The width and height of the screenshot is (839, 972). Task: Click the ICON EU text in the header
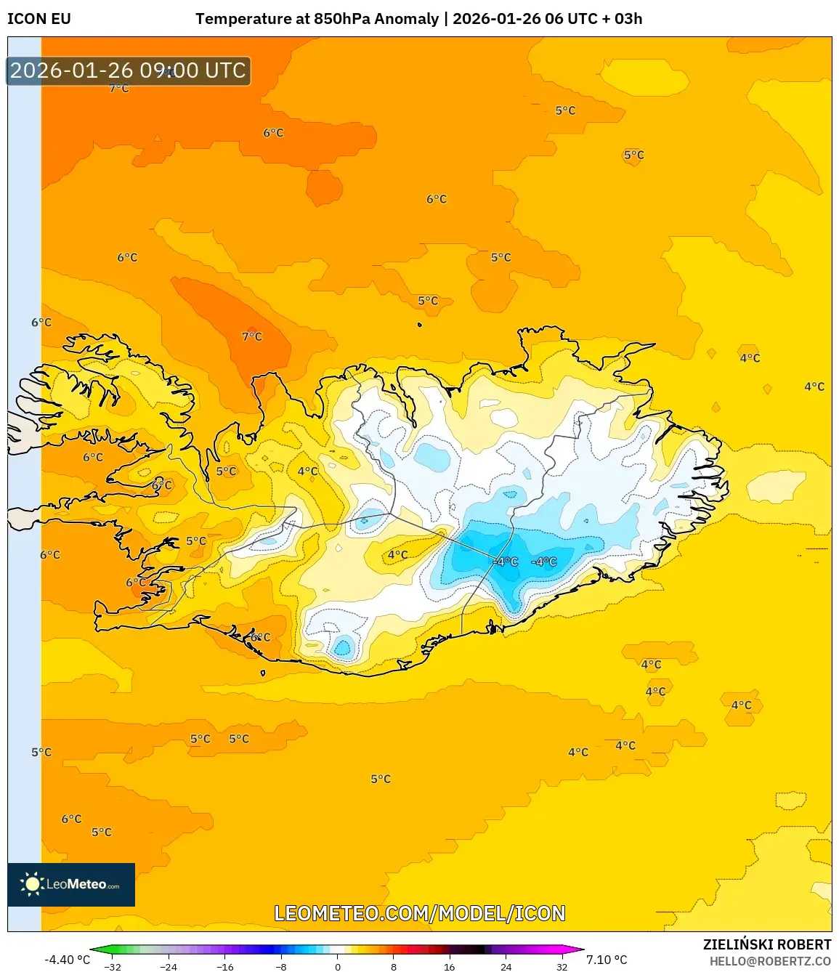point(39,19)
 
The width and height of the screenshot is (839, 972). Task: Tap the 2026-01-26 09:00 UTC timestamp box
point(129,70)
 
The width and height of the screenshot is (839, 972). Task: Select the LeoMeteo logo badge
point(71,884)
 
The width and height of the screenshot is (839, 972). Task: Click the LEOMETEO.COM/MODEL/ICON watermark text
point(419,913)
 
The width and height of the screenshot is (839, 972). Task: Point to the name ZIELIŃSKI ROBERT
point(766,944)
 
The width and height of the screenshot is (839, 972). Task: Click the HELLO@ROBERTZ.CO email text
point(770,961)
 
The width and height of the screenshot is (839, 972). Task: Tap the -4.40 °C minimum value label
point(67,960)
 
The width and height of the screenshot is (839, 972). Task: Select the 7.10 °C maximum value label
point(607,960)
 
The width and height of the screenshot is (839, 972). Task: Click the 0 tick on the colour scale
point(337,967)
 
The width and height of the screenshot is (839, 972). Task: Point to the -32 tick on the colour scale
point(113,967)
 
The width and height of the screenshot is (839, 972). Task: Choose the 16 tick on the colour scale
point(450,967)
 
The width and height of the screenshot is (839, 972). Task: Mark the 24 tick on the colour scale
point(506,967)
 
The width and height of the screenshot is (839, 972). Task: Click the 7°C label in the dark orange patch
point(252,336)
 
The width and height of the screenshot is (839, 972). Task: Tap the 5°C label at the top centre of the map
point(565,110)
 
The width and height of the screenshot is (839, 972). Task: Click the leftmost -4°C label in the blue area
point(506,562)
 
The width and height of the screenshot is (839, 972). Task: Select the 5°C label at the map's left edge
point(41,752)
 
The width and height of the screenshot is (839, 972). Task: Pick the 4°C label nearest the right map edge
point(814,386)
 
